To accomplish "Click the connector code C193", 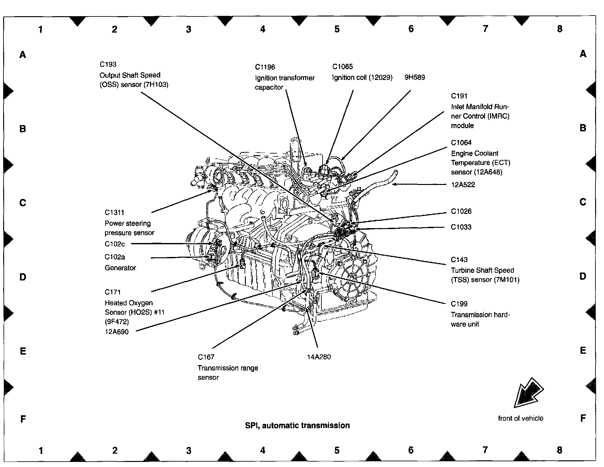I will click(x=108, y=64).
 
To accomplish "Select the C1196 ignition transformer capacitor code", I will click(x=265, y=67).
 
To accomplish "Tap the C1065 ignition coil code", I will click(x=342, y=67).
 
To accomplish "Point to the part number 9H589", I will click(x=414, y=77).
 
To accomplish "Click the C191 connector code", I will click(x=459, y=96).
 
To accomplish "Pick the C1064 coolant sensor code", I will click(x=461, y=143).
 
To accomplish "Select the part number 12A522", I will click(x=463, y=185).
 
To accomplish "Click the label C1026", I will click(x=461, y=211).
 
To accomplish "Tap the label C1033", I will click(x=461, y=227).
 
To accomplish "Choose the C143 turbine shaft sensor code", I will click(x=459, y=260).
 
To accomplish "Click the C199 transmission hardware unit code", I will click(x=459, y=304).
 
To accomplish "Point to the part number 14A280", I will click(x=318, y=357).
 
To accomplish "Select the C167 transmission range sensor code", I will click(x=206, y=357).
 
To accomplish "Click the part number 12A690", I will click(x=116, y=332).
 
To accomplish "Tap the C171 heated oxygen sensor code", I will click(x=113, y=292).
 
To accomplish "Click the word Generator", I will click(x=120, y=268).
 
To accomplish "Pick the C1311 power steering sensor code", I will click(x=114, y=213).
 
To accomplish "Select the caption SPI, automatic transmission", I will click(x=297, y=425).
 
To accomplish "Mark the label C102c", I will click(x=115, y=244).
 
